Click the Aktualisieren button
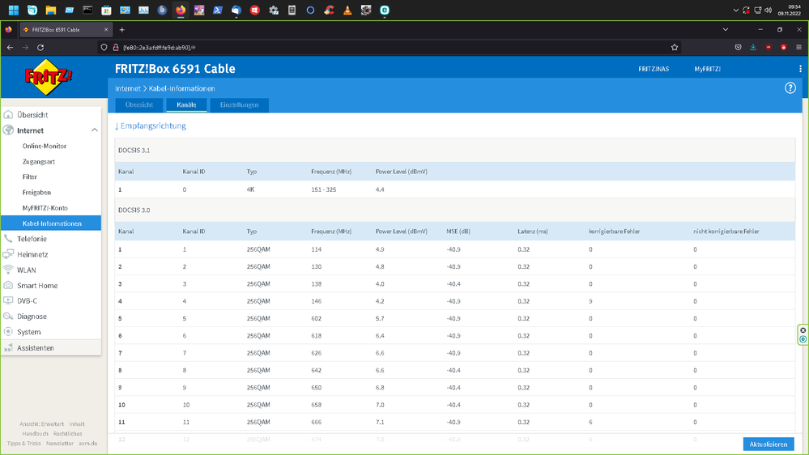point(768,444)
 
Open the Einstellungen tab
point(239,105)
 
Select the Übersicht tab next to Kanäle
point(139,105)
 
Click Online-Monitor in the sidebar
point(45,147)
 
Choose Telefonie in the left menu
point(32,239)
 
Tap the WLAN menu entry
point(27,270)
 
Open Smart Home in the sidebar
point(37,286)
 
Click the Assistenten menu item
point(36,348)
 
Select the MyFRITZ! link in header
point(707,70)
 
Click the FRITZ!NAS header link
point(654,70)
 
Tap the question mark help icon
point(790,87)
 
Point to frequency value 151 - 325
point(324,189)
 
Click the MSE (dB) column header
point(458,232)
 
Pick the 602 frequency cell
point(317,318)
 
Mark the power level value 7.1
point(380,422)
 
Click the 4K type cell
point(251,189)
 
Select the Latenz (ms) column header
point(532,232)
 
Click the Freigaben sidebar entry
point(36,193)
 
